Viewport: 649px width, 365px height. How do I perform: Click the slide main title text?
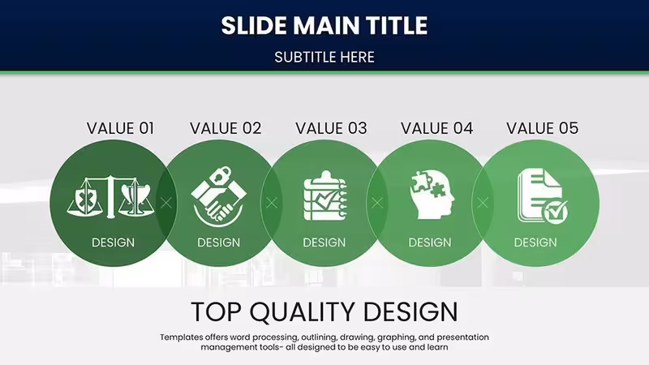click(324, 25)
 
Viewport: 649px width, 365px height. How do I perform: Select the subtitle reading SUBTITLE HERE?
click(324, 57)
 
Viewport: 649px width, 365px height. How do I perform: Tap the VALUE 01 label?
click(120, 128)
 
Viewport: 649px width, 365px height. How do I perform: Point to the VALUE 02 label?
click(226, 128)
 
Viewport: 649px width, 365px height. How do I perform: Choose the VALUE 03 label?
click(331, 128)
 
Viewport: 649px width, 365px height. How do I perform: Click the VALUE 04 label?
click(436, 128)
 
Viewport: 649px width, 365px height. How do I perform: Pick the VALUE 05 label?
click(542, 128)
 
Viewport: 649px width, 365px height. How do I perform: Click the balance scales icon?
click(110, 197)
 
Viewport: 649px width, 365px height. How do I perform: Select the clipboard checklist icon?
click(325, 195)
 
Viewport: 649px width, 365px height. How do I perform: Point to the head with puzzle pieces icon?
click(432, 195)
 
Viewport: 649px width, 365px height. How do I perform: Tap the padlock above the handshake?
click(221, 175)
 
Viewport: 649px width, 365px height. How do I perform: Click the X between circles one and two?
click(166, 203)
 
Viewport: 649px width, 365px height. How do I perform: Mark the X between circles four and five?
click(483, 203)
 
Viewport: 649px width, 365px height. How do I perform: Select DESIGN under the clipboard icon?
click(324, 243)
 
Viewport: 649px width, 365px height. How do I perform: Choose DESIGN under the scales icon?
click(113, 243)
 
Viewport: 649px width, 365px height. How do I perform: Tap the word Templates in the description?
click(182, 337)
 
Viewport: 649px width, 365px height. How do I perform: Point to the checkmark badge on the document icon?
click(555, 213)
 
